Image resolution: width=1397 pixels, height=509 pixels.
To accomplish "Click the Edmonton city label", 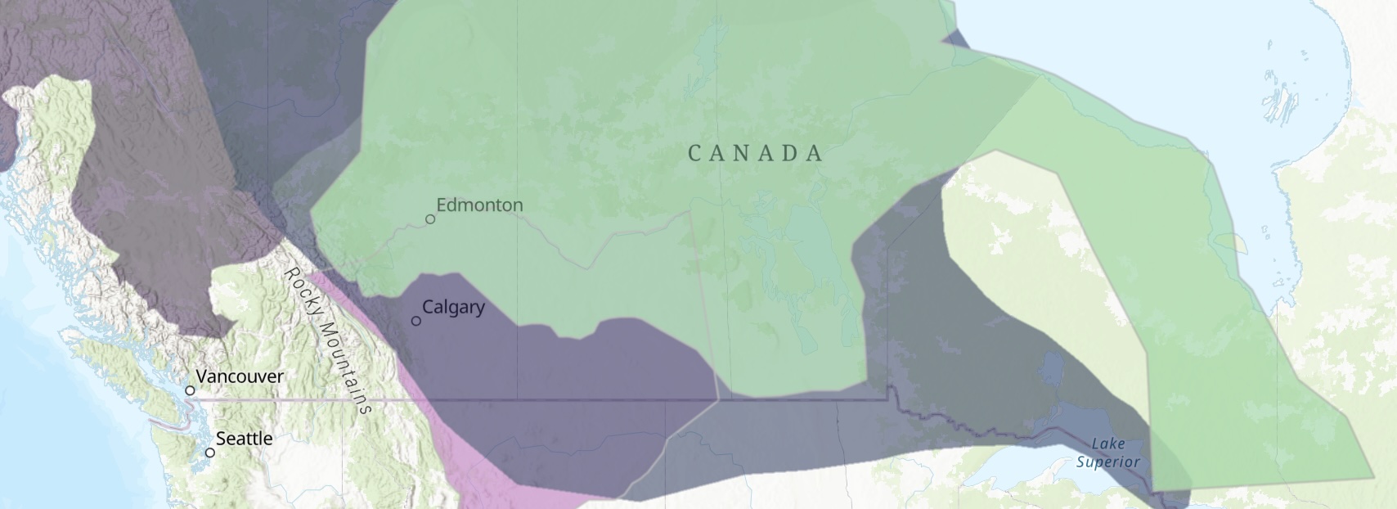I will point(479,205).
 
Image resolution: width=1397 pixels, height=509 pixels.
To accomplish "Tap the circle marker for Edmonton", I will point(430,219).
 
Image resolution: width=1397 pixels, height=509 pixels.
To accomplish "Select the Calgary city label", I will point(453,307).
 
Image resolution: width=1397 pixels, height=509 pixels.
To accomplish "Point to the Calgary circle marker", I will point(416,321).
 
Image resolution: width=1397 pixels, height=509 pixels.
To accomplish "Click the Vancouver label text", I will point(240,376).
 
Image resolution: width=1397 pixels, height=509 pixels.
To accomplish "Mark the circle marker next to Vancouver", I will point(191,390).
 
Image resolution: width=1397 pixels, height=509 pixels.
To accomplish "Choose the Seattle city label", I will point(244,439).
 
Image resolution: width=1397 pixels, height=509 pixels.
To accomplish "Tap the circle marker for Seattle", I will point(210,453).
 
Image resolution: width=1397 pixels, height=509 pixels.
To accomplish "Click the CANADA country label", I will point(755,153).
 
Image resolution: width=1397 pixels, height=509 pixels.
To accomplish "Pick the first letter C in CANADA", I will point(695,153).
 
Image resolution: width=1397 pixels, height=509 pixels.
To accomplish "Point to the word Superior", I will point(1107,462).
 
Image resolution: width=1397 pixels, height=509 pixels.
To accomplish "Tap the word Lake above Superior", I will point(1108,444).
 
